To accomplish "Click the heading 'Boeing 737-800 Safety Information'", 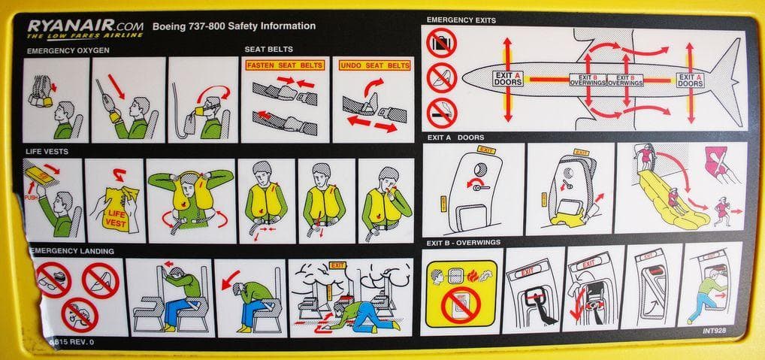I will (x=234, y=26).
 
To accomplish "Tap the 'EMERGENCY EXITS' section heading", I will (x=461, y=20).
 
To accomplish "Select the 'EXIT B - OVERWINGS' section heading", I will (x=464, y=242).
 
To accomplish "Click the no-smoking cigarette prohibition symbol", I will (x=441, y=112).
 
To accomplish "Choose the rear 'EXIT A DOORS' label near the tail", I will (x=690, y=79).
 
